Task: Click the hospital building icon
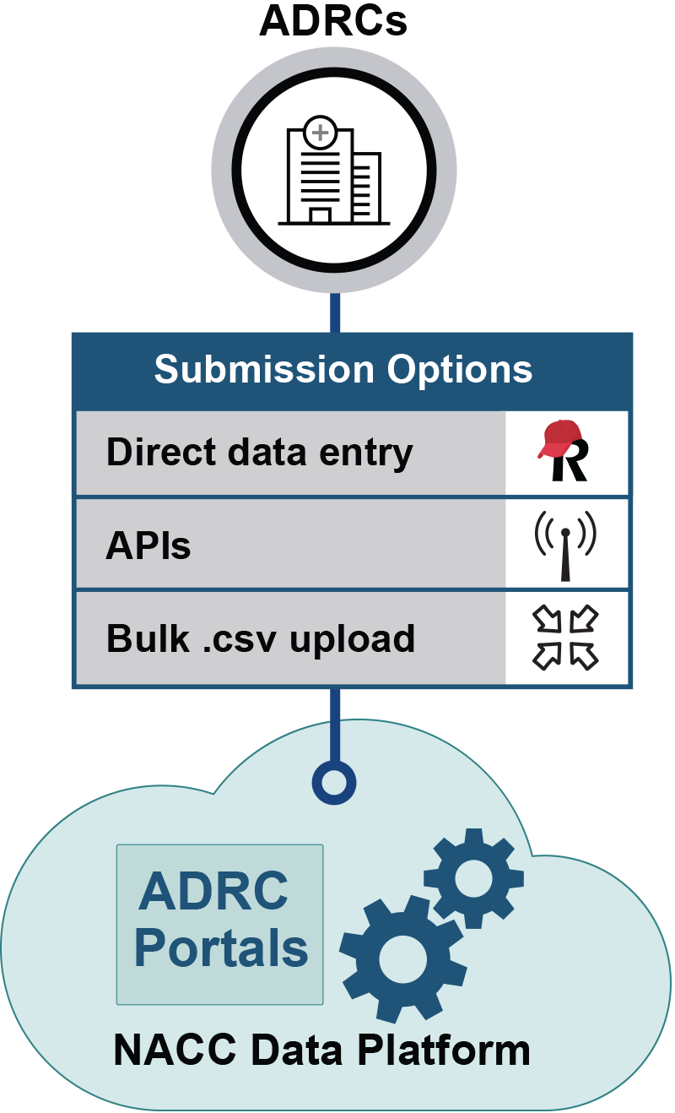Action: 334,174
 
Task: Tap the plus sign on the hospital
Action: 320,133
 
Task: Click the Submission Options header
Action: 343,370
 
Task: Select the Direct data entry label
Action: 259,453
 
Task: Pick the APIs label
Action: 148,546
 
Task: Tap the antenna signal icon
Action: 565,546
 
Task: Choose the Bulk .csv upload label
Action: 260,638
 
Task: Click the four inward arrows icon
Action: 565,638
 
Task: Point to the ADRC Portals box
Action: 220,924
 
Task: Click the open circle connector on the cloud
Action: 334,783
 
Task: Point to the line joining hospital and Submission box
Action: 335,312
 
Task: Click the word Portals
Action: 221,949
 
